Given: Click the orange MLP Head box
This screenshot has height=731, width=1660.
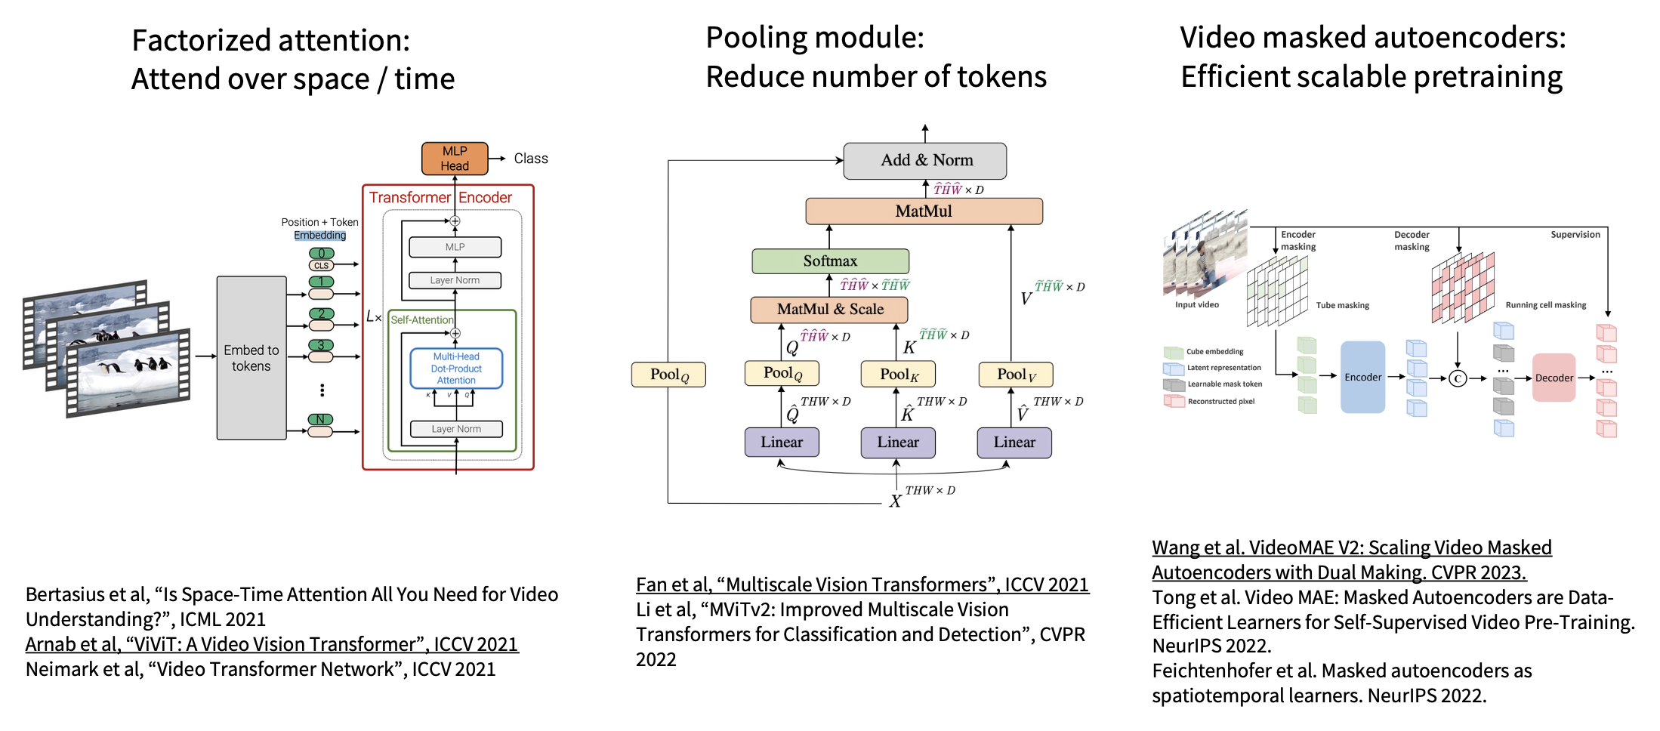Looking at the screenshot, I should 455,159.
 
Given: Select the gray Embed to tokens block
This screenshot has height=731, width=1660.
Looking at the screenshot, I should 251,358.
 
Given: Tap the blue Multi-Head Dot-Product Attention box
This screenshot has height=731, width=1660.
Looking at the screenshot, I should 456,369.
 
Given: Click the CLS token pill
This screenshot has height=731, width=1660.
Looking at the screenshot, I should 321,265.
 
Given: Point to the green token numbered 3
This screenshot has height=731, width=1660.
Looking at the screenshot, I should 321,345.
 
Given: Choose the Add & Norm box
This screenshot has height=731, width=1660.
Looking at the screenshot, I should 925,160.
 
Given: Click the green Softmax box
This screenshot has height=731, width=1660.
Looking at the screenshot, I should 830,261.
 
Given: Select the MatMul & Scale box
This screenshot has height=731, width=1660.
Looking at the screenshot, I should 829,310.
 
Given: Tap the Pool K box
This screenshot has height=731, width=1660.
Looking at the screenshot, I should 898,374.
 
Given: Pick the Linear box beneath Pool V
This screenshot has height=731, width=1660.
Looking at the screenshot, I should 1014,443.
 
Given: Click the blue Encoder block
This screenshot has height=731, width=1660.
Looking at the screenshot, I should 1362,377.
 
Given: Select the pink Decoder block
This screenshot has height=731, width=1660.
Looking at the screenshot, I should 1554,378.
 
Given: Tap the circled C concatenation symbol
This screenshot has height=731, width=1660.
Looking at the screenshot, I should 1458,378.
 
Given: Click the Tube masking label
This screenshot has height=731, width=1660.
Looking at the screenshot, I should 1342,306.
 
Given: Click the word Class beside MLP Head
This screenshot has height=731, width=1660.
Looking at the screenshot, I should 531,159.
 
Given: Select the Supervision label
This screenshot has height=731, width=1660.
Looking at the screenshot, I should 1575,235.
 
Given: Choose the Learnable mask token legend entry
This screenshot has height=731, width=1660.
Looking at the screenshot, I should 1224,384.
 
